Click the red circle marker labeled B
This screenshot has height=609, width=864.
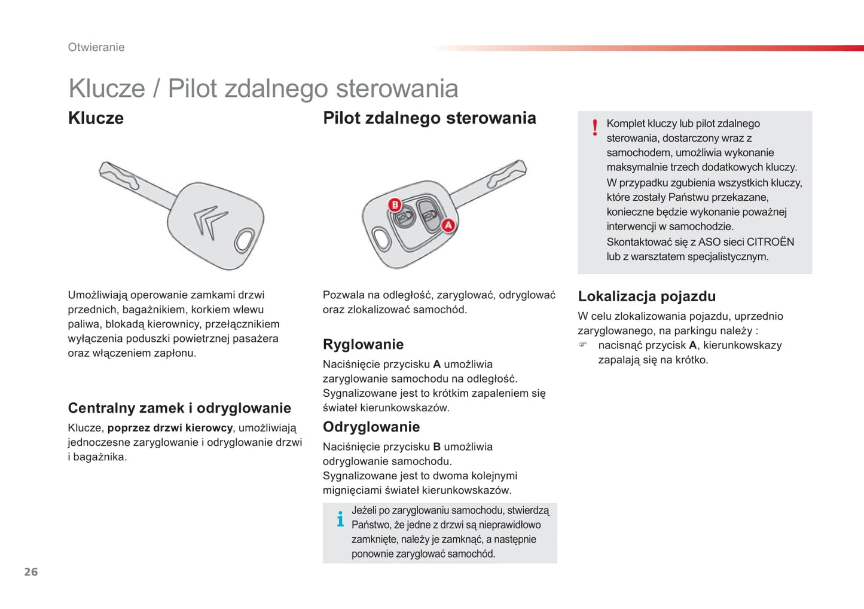point(395,205)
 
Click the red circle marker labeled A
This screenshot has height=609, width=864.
point(448,225)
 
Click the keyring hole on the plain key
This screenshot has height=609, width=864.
point(244,240)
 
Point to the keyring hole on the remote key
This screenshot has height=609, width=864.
point(381,239)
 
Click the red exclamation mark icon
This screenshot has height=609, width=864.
point(594,128)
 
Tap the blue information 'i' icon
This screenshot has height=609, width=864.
point(340,519)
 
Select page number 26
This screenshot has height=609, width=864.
point(31,572)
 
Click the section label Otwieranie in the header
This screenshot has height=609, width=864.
point(96,47)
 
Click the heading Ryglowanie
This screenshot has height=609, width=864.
point(363,344)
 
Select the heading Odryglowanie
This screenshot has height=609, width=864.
point(371,427)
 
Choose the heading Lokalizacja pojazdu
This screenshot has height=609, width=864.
point(646,296)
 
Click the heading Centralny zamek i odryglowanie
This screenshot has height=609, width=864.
point(179,408)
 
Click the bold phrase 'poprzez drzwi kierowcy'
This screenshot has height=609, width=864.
point(170,428)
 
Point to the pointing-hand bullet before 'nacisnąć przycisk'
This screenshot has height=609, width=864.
point(583,345)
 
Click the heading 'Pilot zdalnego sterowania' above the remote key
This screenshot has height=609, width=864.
point(429,118)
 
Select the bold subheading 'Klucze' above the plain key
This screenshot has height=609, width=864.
point(96,118)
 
